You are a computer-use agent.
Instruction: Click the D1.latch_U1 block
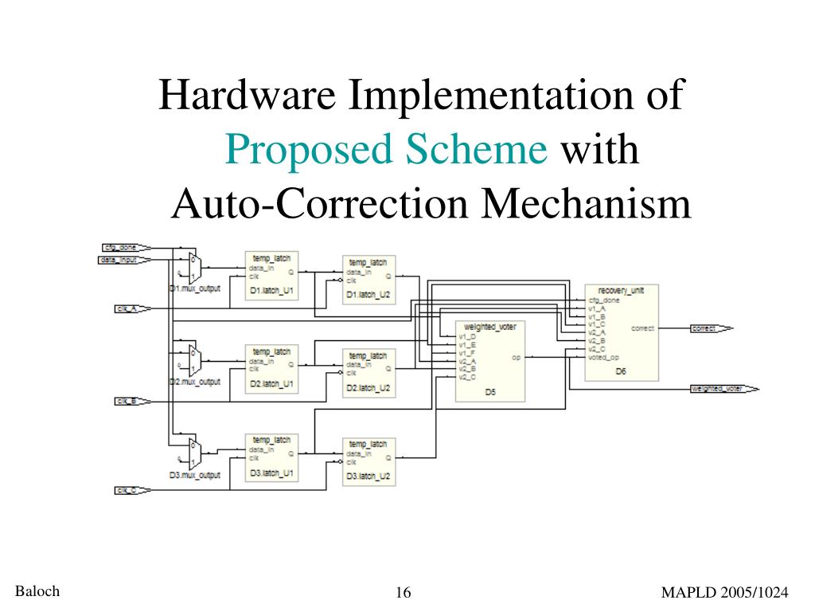tap(271, 275)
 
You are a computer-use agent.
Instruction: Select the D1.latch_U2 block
tap(369, 280)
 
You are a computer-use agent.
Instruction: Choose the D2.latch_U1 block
tap(271, 368)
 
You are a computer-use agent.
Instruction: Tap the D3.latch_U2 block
tap(369, 461)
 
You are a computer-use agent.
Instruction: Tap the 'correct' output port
tap(708, 328)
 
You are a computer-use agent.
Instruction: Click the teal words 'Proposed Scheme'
tap(385, 149)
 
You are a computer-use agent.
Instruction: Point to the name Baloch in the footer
tap(37, 590)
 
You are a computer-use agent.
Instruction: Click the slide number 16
tap(403, 592)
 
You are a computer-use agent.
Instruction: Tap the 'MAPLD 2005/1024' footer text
tap(724, 592)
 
